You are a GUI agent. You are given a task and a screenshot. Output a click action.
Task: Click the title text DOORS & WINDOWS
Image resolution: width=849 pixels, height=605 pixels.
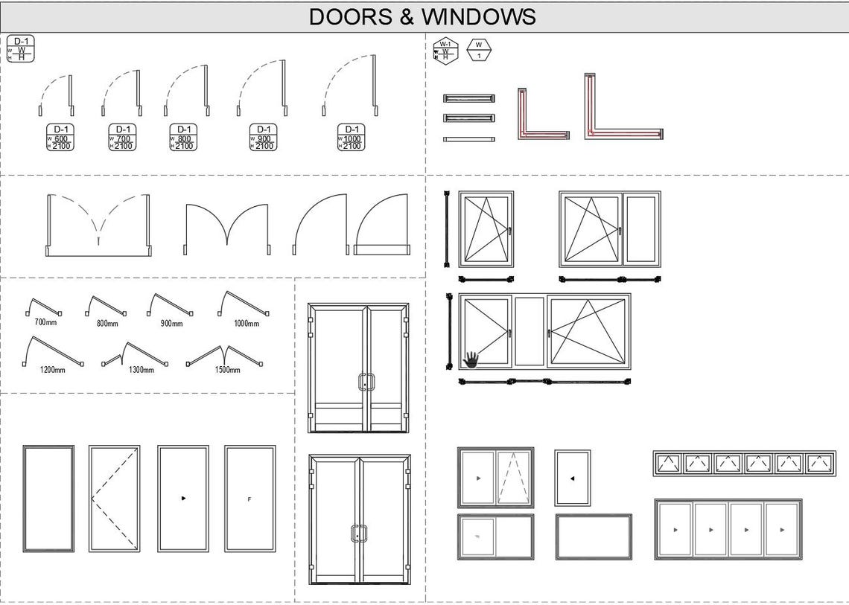click(x=422, y=16)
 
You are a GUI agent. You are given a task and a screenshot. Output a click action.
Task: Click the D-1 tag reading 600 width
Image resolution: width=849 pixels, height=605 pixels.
click(x=60, y=137)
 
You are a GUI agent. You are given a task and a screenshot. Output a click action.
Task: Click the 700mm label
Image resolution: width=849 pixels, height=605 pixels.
click(x=45, y=322)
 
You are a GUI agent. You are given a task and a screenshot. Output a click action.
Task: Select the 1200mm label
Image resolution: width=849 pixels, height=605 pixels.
click(x=52, y=369)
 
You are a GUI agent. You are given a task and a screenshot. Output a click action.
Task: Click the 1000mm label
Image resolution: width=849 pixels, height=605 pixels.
click(x=246, y=323)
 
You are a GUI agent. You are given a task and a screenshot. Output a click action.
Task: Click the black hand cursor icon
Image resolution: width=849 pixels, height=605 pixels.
click(x=471, y=360)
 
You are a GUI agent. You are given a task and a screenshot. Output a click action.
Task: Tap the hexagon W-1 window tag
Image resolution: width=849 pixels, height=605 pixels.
click(x=445, y=51)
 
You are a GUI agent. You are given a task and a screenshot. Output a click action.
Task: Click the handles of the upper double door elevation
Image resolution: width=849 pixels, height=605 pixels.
click(x=366, y=382)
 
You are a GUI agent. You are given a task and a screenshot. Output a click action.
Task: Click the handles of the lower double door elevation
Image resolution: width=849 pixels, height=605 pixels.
click(x=359, y=534)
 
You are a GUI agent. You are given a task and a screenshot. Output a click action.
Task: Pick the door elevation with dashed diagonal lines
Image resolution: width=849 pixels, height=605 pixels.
click(x=114, y=499)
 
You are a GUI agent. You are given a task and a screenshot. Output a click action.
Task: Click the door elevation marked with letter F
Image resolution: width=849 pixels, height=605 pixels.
click(x=249, y=499)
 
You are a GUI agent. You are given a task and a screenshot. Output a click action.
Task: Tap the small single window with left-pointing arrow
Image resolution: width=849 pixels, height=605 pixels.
click(x=572, y=478)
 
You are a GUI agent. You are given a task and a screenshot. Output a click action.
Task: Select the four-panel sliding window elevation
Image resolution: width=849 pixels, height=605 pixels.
click(x=728, y=529)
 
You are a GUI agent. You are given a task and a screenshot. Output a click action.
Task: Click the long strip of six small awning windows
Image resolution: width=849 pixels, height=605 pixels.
click(x=744, y=463)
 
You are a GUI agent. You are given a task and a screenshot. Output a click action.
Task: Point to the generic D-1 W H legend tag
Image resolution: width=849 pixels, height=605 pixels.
click(x=21, y=48)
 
